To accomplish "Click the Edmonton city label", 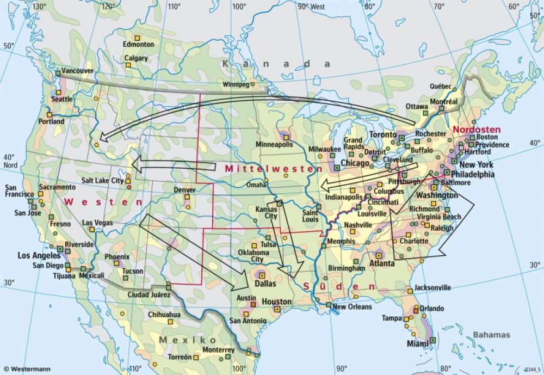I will (138, 45).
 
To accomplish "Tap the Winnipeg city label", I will (236, 85).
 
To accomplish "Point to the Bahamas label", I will (491, 335).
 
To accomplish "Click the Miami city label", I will (418, 344).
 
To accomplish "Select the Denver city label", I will (184, 190).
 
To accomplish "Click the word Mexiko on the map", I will (177, 340).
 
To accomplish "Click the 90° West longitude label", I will (311, 7).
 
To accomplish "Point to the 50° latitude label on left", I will (9, 46).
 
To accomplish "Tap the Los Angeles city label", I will (39, 255).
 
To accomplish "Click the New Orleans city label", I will (352, 307).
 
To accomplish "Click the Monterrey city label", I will (218, 350).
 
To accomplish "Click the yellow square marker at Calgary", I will (129, 65).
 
